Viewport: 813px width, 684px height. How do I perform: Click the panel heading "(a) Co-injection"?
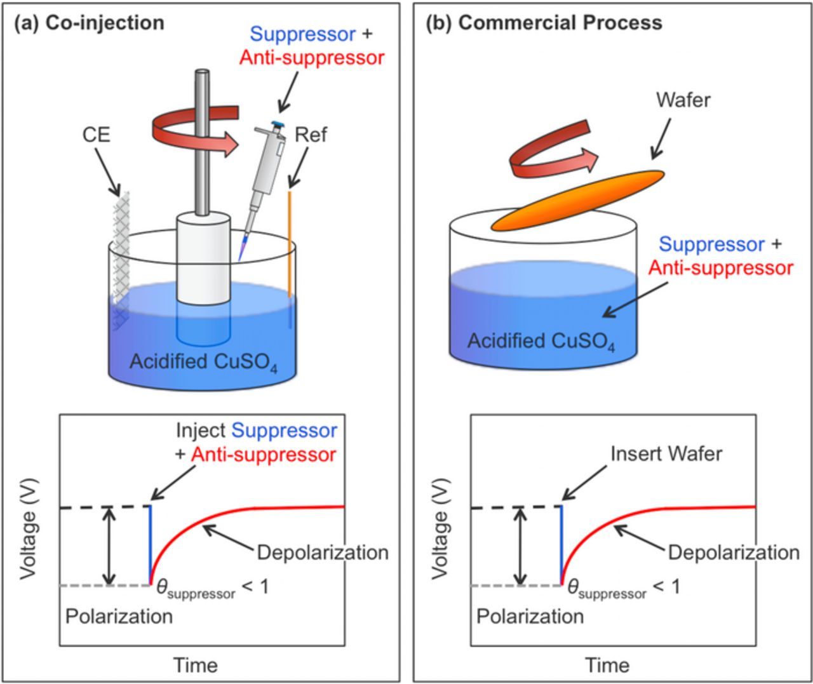(89, 23)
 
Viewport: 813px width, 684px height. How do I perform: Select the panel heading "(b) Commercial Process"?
(544, 23)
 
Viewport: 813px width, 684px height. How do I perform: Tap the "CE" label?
(95, 135)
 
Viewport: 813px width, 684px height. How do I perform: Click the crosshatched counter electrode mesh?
(121, 254)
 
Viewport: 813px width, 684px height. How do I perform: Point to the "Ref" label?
(311, 135)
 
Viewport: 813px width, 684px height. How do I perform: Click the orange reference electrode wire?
(290, 241)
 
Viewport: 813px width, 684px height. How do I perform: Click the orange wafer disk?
(578, 200)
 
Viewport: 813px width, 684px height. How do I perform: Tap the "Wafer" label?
(683, 100)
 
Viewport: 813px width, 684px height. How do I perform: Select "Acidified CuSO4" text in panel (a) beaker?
(203, 362)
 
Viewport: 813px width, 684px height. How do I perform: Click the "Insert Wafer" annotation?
(666, 453)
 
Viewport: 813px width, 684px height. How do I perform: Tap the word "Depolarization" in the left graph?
(323, 553)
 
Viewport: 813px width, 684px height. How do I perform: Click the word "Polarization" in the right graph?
(530, 616)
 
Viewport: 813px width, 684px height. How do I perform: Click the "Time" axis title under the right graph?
(607, 665)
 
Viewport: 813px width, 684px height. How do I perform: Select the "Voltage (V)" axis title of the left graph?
(28, 530)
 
